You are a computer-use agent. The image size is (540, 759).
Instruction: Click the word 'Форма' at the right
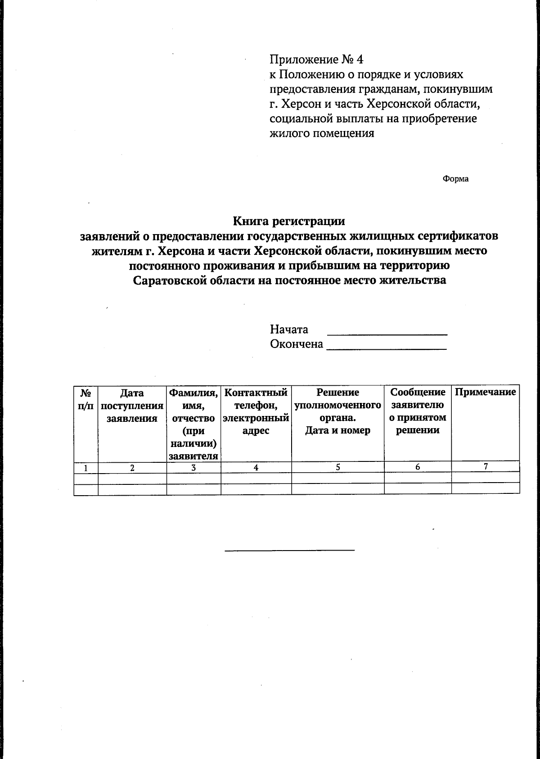point(455,179)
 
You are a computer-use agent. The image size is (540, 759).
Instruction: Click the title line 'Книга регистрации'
point(288,221)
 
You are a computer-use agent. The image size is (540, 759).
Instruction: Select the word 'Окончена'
point(296,344)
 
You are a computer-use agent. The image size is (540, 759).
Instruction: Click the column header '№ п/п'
point(86,399)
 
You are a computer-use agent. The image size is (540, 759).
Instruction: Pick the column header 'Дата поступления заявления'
point(132,406)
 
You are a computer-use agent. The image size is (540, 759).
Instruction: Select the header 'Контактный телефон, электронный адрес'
point(256,411)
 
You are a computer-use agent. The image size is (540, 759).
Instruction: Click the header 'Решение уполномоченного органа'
point(337,411)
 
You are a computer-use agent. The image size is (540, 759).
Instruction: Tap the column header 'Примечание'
point(485,392)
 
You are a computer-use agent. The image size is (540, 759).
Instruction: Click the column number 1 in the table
point(85,468)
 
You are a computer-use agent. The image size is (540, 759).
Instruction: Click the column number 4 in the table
point(256,468)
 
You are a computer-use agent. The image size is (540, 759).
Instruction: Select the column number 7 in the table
point(486,467)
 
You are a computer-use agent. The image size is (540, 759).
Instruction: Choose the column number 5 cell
point(337,467)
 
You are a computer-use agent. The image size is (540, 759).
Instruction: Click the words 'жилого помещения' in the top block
point(322,134)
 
